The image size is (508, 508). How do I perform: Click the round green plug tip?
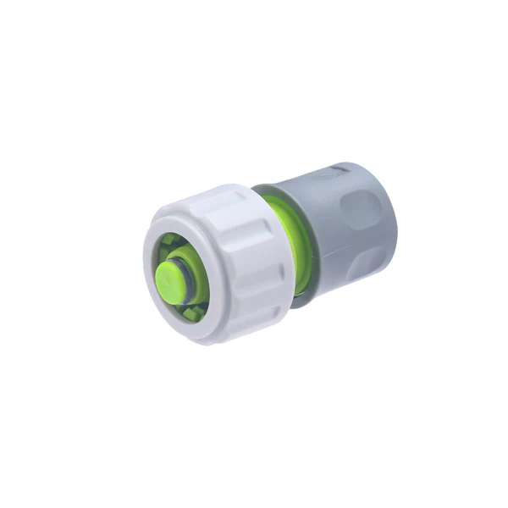pyautogui.click(x=172, y=276)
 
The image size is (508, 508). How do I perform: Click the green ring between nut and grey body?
pyautogui.click(x=292, y=246)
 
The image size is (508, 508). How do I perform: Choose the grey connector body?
pyautogui.click(x=339, y=229)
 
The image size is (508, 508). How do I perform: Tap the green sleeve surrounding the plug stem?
pyautogui.click(x=200, y=279)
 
